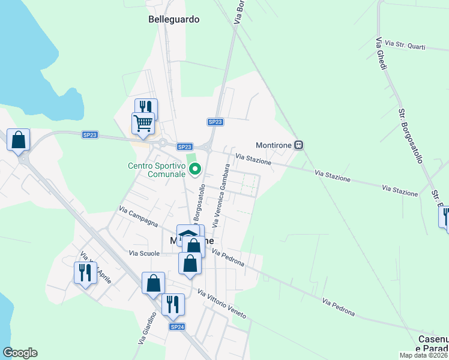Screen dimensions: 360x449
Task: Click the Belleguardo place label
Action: [173, 19]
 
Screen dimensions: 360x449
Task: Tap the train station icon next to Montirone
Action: [299, 145]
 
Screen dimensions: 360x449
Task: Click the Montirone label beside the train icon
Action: [274, 145]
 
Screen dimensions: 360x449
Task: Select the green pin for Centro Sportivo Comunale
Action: [194, 170]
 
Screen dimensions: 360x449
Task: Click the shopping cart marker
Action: [143, 123]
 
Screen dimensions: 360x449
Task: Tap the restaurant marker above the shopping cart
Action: [146, 108]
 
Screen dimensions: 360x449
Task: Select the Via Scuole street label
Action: [144, 253]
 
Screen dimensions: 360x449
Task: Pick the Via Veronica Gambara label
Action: [220, 196]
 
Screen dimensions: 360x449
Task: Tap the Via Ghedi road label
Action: [381, 53]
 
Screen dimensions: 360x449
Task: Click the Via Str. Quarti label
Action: [405, 45]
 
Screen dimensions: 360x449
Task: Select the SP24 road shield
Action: [176, 327]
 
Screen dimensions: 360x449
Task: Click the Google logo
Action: [20, 353]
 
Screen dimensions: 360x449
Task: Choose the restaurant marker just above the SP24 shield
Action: [172, 304]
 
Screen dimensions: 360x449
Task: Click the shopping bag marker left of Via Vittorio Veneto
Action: [153, 283]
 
